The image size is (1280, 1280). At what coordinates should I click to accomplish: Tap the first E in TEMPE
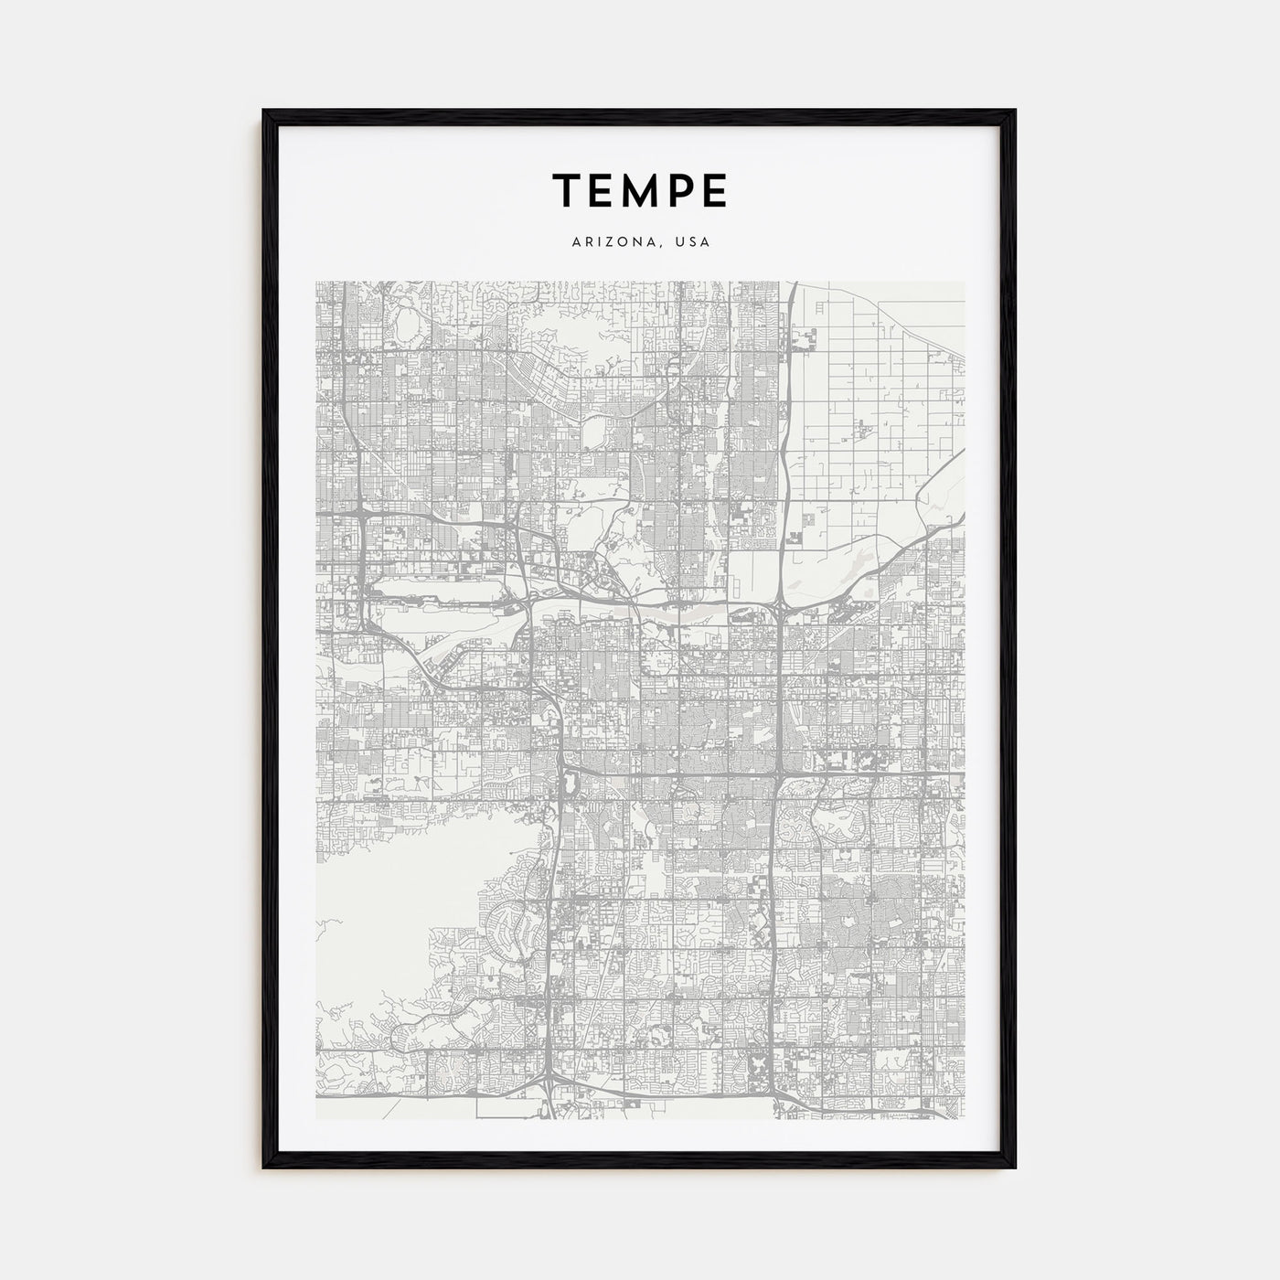[604, 190]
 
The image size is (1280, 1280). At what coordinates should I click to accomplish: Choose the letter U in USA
[681, 243]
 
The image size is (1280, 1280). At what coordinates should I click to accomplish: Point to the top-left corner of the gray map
[317, 283]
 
